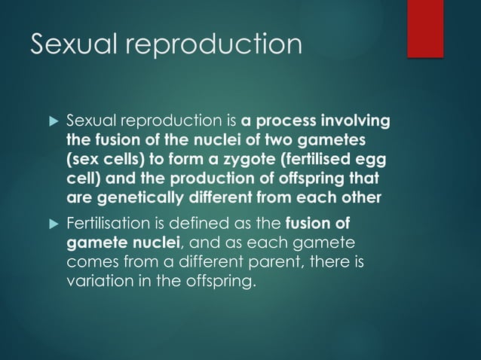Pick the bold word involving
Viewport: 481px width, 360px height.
[356, 121]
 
